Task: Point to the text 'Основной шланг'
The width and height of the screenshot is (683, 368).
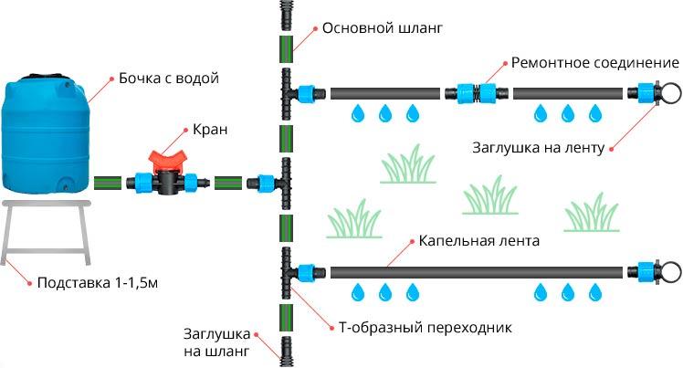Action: click(382, 28)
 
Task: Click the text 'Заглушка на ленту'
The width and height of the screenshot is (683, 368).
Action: click(539, 147)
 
